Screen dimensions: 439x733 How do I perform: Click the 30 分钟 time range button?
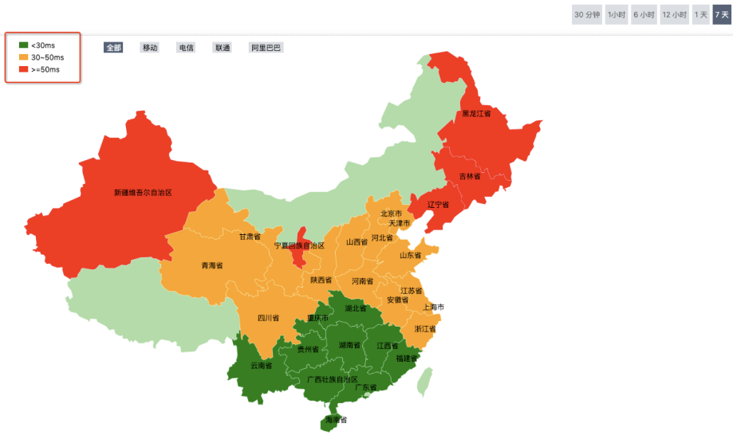click(x=587, y=14)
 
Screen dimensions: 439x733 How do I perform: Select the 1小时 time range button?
click(x=616, y=14)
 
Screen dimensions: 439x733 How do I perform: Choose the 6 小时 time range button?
click(x=643, y=14)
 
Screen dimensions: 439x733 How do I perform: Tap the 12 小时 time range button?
click(x=675, y=14)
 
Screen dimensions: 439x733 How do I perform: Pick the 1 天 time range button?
click(x=701, y=14)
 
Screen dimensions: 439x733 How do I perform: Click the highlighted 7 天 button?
click(x=722, y=14)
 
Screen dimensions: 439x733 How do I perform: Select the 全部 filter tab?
click(x=112, y=48)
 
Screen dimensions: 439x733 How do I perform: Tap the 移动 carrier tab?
click(x=150, y=48)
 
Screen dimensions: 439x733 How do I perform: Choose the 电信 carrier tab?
click(x=186, y=48)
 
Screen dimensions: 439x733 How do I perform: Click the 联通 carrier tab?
click(x=222, y=48)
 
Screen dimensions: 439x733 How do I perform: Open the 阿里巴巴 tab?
click(x=266, y=48)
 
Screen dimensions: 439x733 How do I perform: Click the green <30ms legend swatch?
click(x=23, y=45)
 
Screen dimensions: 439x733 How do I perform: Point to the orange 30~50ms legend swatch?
click(x=23, y=57)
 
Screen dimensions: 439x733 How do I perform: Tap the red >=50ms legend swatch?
click(x=23, y=69)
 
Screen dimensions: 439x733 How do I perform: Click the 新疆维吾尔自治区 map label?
click(x=144, y=192)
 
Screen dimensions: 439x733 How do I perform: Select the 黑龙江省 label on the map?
click(x=476, y=114)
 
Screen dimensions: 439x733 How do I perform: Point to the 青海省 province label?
click(x=212, y=265)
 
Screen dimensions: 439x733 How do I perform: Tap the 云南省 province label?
click(x=261, y=366)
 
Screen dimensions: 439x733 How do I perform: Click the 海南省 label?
click(x=336, y=420)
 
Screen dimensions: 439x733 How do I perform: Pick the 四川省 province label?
click(x=269, y=318)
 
